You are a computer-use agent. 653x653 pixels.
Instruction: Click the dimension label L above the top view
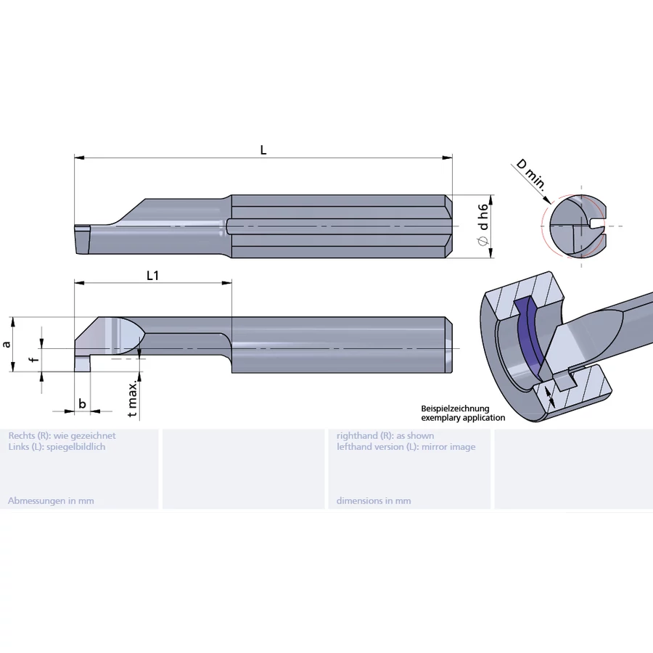coord(263,149)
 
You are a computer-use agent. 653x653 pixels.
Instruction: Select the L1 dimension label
coord(152,275)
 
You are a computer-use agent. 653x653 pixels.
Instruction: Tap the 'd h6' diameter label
coord(482,215)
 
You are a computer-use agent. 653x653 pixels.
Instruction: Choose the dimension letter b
coord(82,403)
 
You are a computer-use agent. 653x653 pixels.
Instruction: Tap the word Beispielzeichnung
coord(455,409)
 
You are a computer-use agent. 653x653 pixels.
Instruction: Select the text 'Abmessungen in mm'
coord(51,501)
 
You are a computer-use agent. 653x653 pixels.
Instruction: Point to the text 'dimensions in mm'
coord(374,501)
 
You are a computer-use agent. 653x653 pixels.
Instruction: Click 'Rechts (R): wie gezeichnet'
coord(62,436)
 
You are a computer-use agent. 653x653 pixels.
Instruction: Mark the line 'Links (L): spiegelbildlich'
coord(57,447)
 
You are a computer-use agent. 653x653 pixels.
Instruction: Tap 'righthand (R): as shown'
coord(385,436)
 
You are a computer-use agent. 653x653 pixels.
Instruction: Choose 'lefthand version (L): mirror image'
coord(406,447)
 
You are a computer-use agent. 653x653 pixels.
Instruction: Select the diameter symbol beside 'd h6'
coord(482,243)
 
